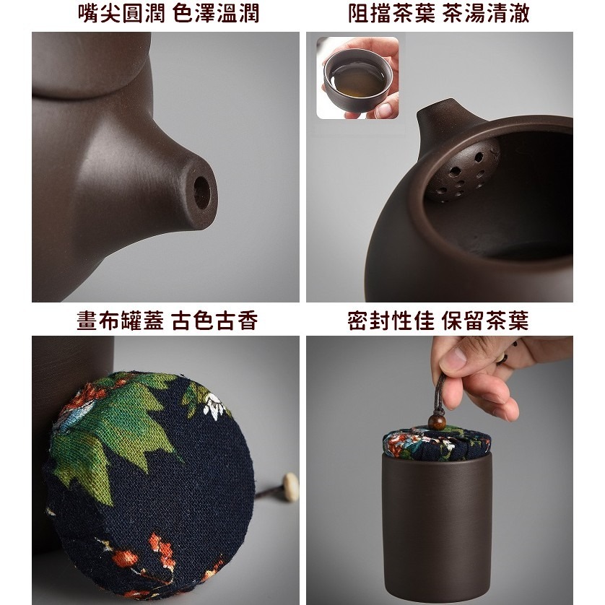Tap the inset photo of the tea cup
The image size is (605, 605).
coord(357,78)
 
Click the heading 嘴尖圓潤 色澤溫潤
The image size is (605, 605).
coord(167,13)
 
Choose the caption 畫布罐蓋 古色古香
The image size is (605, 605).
coord(167,321)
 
